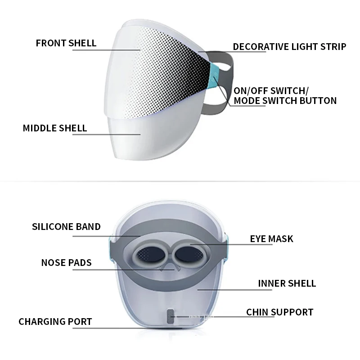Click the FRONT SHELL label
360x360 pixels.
coord(66,43)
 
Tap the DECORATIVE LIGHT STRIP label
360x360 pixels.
coord(289,46)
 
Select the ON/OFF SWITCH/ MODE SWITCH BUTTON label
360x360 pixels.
coord(285,95)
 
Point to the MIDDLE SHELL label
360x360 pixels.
coord(55,128)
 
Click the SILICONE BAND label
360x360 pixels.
coord(66,226)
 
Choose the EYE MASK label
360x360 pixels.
coord(271,238)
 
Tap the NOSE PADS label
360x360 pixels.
coord(66,262)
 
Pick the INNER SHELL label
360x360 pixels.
coord(287,283)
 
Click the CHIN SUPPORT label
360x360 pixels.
coord(279,312)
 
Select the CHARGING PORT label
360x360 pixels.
coord(55,322)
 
